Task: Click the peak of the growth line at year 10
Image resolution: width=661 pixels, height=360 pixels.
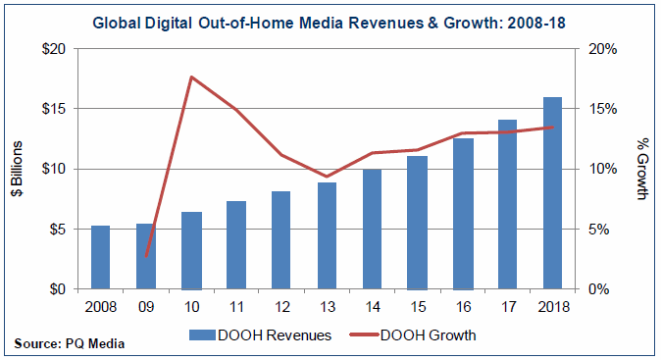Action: coord(192,77)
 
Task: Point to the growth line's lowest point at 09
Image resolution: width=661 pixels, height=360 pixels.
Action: coord(147,257)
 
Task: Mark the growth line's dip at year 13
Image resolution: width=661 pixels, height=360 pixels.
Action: coord(329,177)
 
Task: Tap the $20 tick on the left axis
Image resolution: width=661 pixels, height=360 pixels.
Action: coord(56,48)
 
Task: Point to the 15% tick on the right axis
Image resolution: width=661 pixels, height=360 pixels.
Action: coord(599,109)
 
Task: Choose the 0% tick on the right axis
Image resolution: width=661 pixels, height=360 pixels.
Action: coord(602,289)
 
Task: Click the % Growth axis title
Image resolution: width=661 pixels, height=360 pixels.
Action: coord(642,169)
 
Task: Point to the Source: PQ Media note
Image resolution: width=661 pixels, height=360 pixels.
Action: coord(70,343)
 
